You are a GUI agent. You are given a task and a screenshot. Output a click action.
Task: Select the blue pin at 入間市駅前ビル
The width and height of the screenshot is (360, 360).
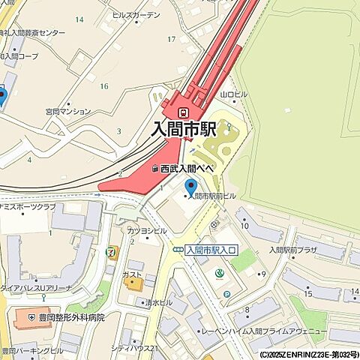pyautogui.click(x=190, y=187)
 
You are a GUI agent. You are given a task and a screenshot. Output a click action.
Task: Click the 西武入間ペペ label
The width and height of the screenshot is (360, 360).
pyautogui.click(x=188, y=169)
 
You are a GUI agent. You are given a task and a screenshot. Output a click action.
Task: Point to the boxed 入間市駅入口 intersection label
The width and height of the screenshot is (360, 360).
pyautogui.click(x=211, y=250)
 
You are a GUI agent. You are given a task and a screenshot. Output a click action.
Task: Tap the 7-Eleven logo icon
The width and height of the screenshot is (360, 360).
pyautogui.click(x=112, y=250)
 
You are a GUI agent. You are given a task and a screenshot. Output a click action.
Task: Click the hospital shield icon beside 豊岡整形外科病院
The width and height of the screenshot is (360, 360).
pyautogui.click(x=31, y=318)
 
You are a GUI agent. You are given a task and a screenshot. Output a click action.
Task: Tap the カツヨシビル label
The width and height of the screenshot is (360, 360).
pyautogui.click(x=147, y=230)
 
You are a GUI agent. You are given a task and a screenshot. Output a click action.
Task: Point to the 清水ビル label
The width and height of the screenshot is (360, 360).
pyautogui.click(x=159, y=301)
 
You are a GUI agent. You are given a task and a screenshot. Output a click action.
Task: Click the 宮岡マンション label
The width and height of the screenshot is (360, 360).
pyautogui.click(x=67, y=112)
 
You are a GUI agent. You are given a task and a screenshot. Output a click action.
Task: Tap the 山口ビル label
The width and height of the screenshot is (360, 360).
pyautogui.click(x=233, y=94)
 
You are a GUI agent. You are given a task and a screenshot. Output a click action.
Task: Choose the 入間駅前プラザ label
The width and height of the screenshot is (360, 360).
pyautogui.click(x=294, y=250)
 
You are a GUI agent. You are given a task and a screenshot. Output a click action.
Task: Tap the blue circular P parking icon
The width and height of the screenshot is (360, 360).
pyautogui.click(x=226, y=294)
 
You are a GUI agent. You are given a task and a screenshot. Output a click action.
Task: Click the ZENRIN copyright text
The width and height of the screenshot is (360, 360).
pyautogui.click(x=309, y=355)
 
